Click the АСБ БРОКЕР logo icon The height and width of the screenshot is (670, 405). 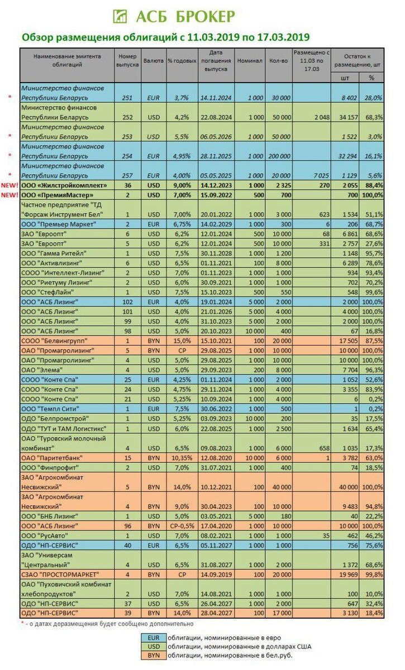120,16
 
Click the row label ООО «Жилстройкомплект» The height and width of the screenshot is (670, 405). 62,185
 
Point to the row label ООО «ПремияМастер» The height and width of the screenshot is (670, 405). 56,194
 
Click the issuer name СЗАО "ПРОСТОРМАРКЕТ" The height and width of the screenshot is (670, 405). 60,573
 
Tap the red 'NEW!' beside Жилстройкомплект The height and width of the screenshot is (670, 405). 10,185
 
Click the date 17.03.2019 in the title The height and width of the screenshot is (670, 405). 282,37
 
